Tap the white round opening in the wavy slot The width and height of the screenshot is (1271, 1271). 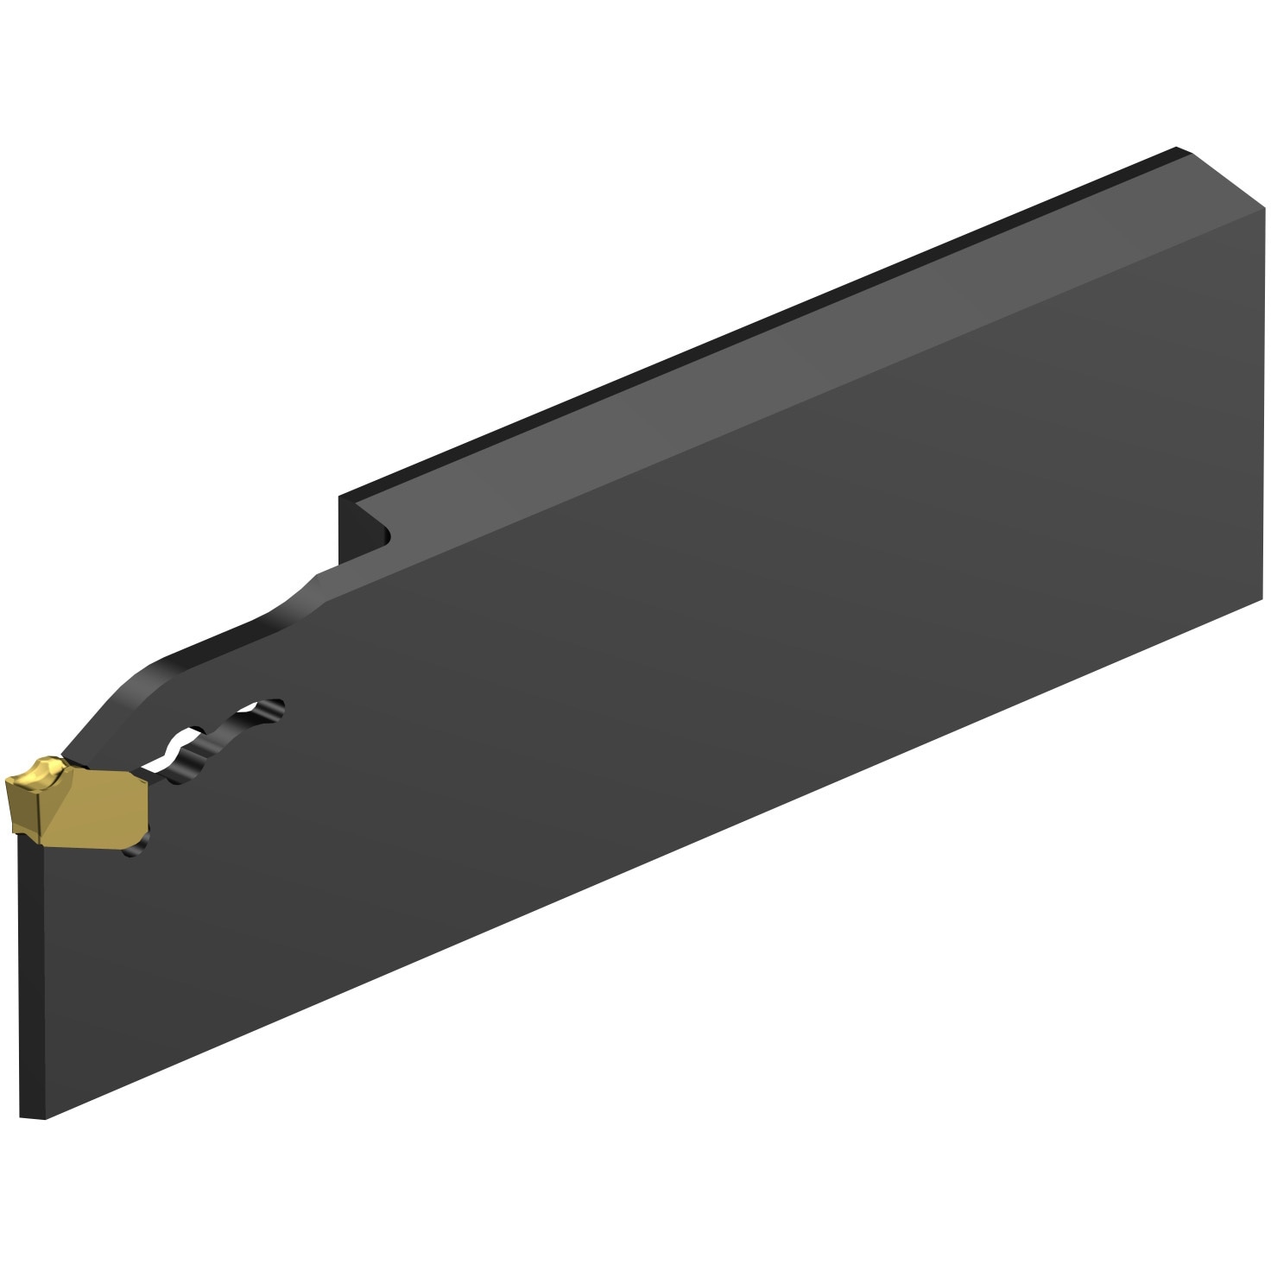177,746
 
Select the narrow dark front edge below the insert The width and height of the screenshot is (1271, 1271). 29,976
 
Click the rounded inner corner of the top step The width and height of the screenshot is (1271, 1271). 385,540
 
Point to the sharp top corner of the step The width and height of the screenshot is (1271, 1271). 340,497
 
